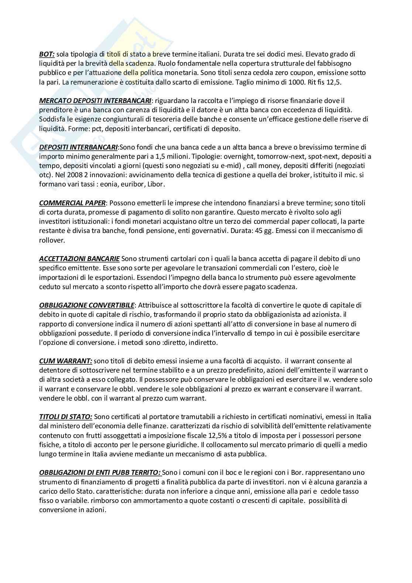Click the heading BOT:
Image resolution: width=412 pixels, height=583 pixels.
47,54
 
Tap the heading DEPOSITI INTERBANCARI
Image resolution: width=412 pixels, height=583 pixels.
79,147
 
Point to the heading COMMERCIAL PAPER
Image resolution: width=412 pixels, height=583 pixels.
72,203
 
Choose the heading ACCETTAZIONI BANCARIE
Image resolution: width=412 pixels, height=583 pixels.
79,258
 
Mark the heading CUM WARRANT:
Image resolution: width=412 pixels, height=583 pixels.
65,361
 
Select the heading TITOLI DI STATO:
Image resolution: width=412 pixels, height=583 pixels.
65,416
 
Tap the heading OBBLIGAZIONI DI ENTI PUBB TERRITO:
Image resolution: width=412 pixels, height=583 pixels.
100,472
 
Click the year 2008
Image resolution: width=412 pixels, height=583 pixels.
72,175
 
